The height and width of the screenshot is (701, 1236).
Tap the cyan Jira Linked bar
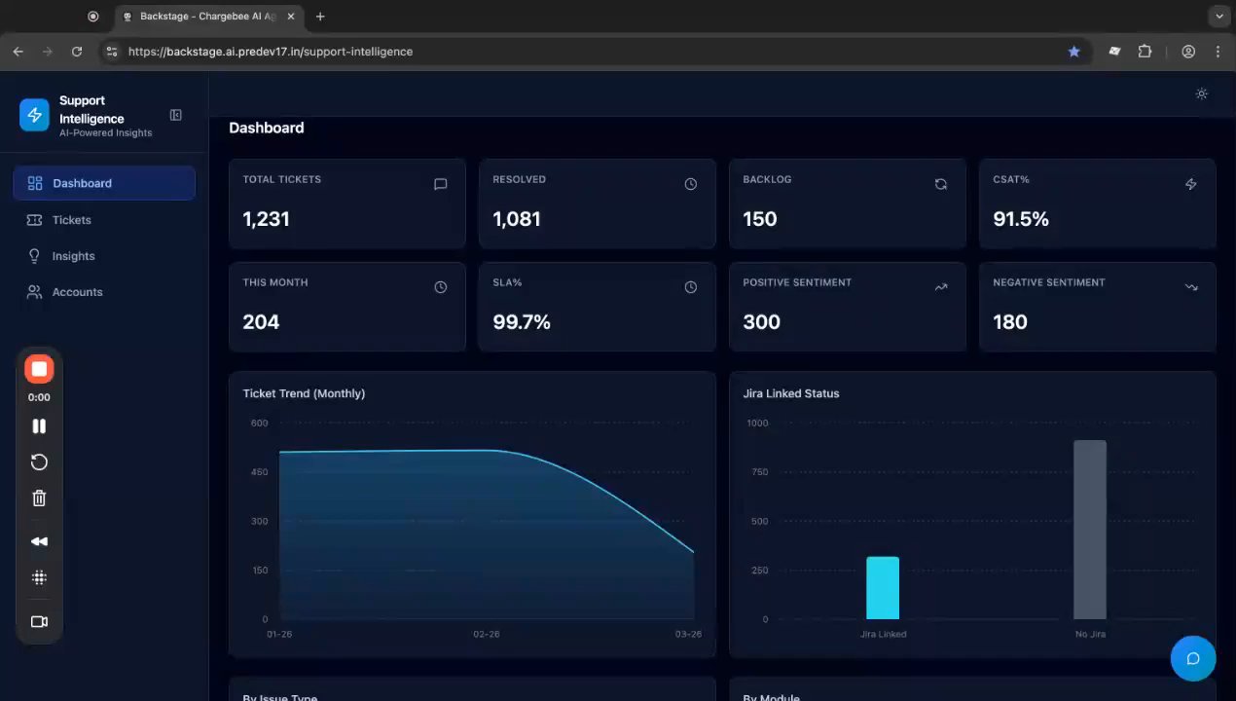tap(883, 588)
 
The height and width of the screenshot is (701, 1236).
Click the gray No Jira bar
tap(1090, 530)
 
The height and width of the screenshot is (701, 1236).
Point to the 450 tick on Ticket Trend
tap(259, 472)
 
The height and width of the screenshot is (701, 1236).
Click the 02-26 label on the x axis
tap(486, 634)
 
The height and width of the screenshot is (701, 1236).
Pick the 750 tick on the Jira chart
tap(759, 472)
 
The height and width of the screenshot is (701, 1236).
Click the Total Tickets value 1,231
tap(266, 219)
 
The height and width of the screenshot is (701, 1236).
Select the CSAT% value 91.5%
tap(1020, 219)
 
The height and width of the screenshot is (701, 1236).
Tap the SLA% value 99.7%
tap(521, 322)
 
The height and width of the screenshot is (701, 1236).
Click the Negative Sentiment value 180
tap(1010, 322)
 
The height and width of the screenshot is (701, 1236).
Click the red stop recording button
tap(39, 369)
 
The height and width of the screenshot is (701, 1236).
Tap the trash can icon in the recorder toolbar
tap(39, 498)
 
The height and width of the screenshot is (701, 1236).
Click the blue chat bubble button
tap(1193, 658)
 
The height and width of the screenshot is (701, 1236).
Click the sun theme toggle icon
tap(1201, 93)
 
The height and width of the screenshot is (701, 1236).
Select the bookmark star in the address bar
tap(1073, 52)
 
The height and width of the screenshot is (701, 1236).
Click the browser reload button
tap(77, 52)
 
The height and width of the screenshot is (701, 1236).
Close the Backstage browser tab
tap(291, 17)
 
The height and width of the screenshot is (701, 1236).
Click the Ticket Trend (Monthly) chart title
tap(304, 393)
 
